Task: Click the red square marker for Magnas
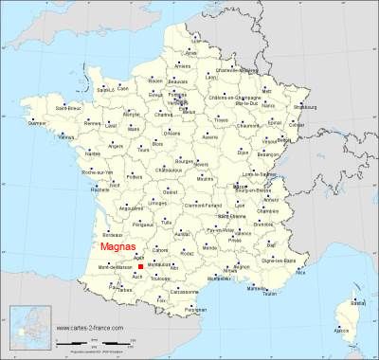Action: tap(140, 268)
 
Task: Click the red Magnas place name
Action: tap(115, 249)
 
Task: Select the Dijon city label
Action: tap(243, 152)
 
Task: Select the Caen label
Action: tap(123, 87)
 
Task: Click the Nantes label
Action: tap(92, 153)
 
